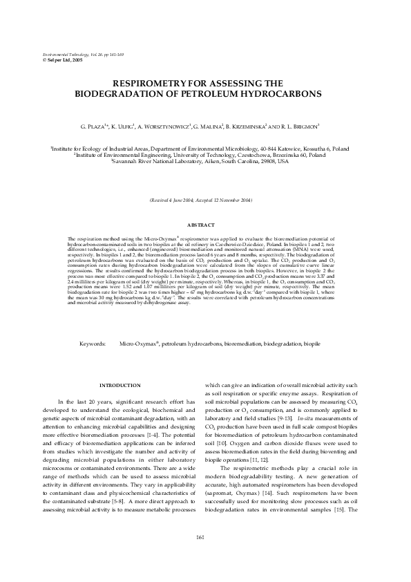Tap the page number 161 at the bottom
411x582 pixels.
point(205,556)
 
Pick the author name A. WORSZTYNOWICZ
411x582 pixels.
point(180,128)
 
